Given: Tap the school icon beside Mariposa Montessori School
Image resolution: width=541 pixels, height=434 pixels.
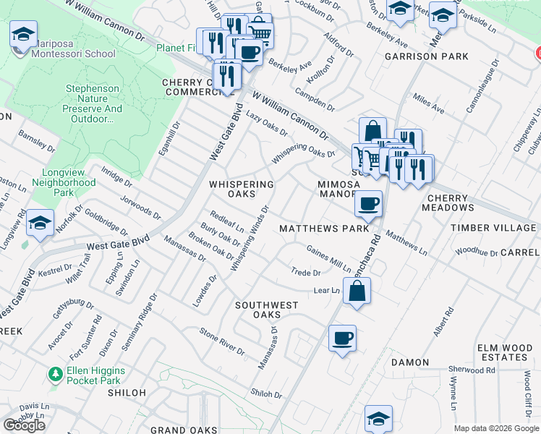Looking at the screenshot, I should pyautogui.click(x=24, y=34).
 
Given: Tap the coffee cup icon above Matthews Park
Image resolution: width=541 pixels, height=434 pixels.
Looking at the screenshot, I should pyautogui.click(x=369, y=203).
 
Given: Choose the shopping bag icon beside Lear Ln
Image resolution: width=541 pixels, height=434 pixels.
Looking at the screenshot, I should pyautogui.click(x=358, y=292).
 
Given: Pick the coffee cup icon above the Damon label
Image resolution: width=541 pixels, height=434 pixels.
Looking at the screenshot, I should pyautogui.click(x=342, y=338).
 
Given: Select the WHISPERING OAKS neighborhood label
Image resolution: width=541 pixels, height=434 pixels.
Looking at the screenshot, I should pyautogui.click(x=242, y=190).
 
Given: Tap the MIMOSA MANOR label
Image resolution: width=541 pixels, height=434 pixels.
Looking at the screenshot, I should pyautogui.click(x=338, y=190).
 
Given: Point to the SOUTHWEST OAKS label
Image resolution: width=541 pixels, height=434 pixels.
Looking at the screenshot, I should pyautogui.click(x=266, y=310).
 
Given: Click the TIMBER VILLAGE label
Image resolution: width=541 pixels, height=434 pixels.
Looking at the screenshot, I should pyautogui.click(x=493, y=228).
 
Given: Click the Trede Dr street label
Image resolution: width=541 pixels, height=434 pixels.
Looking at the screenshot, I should pyautogui.click(x=306, y=273).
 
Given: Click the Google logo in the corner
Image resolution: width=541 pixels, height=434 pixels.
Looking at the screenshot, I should pyautogui.click(x=25, y=425).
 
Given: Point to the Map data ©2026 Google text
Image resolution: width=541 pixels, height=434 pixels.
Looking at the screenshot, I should pyautogui.click(x=496, y=428).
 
